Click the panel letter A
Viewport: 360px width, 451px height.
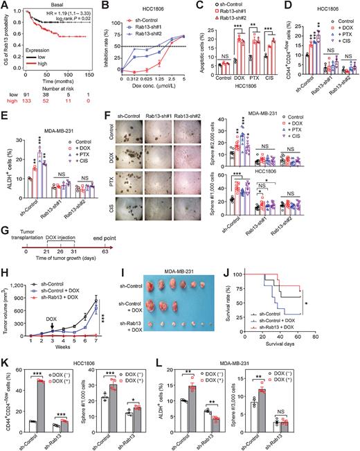5,6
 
